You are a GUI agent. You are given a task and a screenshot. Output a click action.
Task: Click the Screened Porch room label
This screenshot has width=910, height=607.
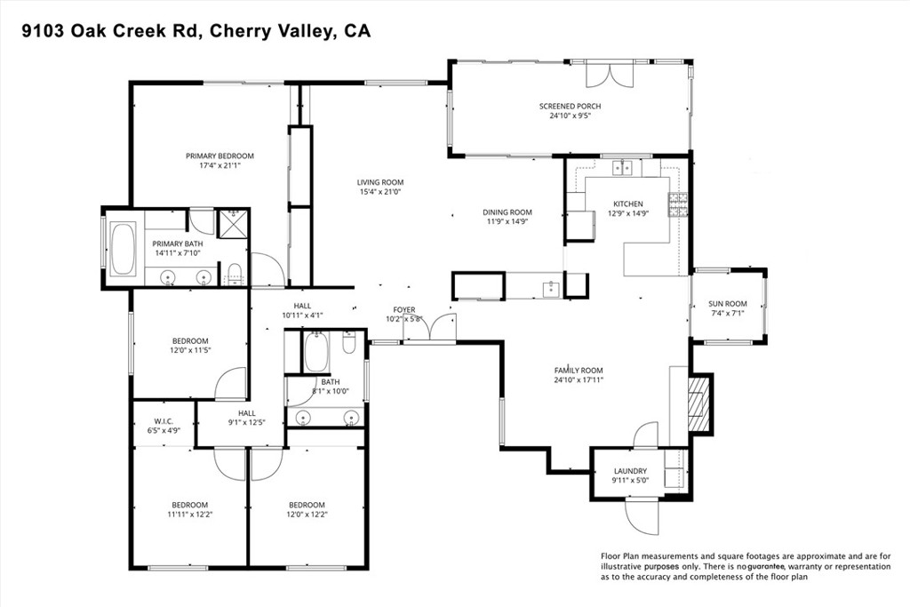pyautogui.click(x=570, y=106)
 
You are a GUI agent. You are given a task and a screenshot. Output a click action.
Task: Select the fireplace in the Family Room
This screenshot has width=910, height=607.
pyautogui.click(x=698, y=403)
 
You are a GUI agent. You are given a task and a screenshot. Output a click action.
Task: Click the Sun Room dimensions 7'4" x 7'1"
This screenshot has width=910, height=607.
pyautogui.click(x=727, y=313)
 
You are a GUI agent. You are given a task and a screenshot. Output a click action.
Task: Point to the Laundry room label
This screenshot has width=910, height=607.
pyautogui.click(x=630, y=471)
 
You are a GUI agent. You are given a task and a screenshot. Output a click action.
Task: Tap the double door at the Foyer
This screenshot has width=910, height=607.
pyautogui.click(x=428, y=328)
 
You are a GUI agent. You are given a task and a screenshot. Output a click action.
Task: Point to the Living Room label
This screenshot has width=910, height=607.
pyautogui.click(x=380, y=182)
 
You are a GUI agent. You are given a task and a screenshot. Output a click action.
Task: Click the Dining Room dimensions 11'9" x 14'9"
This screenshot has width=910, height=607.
pyautogui.click(x=507, y=222)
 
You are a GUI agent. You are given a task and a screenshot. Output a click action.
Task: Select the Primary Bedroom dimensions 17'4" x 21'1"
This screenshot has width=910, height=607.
pyautogui.click(x=220, y=165)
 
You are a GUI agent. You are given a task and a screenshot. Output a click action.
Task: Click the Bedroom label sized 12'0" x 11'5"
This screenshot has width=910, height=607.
pyautogui.click(x=189, y=340)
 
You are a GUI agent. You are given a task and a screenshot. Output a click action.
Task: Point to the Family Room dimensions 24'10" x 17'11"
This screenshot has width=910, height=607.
pyautogui.click(x=579, y=380)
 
